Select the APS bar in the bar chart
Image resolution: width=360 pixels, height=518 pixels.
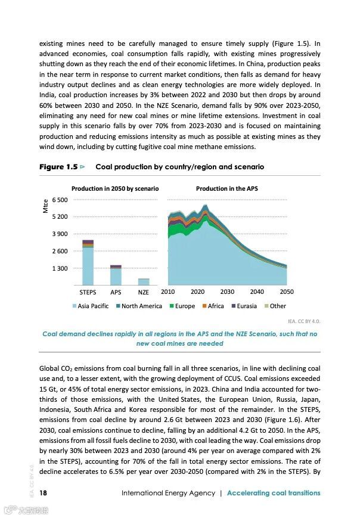(116, 275)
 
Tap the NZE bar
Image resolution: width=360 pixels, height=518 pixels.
(143, 282)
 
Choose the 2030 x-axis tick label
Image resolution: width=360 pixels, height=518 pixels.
(227, 292)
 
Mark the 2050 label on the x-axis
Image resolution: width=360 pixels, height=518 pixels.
(287, 292)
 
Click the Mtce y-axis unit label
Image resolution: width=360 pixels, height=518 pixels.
(45, 207)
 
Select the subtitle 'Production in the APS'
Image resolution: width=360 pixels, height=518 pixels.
(227, 188)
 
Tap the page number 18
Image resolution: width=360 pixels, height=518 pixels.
(44, 493)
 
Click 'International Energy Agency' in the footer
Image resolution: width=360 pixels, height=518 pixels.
(167, 493)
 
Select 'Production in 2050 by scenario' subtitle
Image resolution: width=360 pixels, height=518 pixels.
(115, 188)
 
